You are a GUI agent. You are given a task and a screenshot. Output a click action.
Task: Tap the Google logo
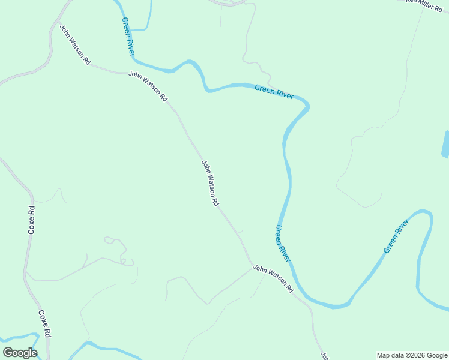click(20, 353)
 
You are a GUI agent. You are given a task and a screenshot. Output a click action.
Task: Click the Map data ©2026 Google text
click(412, 355)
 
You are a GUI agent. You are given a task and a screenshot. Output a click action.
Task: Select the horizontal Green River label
click(274, 92)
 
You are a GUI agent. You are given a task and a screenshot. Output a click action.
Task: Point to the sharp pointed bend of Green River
click(308, 107)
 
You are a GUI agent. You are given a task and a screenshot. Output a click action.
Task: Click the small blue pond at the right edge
click(445, 144)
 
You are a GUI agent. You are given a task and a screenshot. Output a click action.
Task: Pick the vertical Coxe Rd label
click(32, 220)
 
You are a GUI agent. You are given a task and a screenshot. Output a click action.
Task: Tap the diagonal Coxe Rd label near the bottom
click(44, 324)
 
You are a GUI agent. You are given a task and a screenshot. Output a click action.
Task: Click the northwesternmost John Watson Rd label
click(74, 45)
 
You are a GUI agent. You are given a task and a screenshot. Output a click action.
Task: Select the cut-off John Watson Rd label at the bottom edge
click(324, 356)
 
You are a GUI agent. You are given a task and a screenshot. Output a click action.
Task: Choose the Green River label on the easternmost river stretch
click(396, 236)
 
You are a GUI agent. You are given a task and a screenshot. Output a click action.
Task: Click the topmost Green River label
click(128, 36)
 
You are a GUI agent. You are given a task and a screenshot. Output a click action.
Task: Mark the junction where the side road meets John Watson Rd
click(252, 266)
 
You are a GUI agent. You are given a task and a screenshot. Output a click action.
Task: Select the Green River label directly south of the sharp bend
click(283, 243)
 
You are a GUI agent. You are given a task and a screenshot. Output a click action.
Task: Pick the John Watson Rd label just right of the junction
click(273, 278)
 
